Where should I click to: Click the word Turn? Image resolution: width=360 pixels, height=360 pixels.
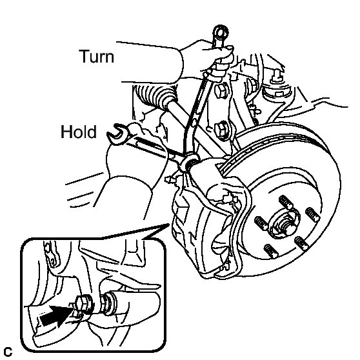(x=97, y=56)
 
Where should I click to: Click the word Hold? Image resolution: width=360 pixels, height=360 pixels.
(x=79, y=132)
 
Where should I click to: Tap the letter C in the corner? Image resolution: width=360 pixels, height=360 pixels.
(x=8, y=352)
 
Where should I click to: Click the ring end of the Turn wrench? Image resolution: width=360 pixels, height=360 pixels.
(x=221, y=33)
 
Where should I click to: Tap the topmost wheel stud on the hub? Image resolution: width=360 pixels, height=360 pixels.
(x=286, y=202)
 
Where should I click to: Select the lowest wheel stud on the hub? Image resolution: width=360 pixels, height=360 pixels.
(x=271, y=251)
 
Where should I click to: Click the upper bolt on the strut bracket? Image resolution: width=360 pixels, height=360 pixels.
(x=221, y=90)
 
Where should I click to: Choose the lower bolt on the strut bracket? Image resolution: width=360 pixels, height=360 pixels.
(x=222, y=130)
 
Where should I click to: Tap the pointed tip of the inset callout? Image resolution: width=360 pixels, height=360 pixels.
(x=170, y=224)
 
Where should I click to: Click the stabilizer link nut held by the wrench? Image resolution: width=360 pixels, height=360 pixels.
(x=190, y=161)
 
